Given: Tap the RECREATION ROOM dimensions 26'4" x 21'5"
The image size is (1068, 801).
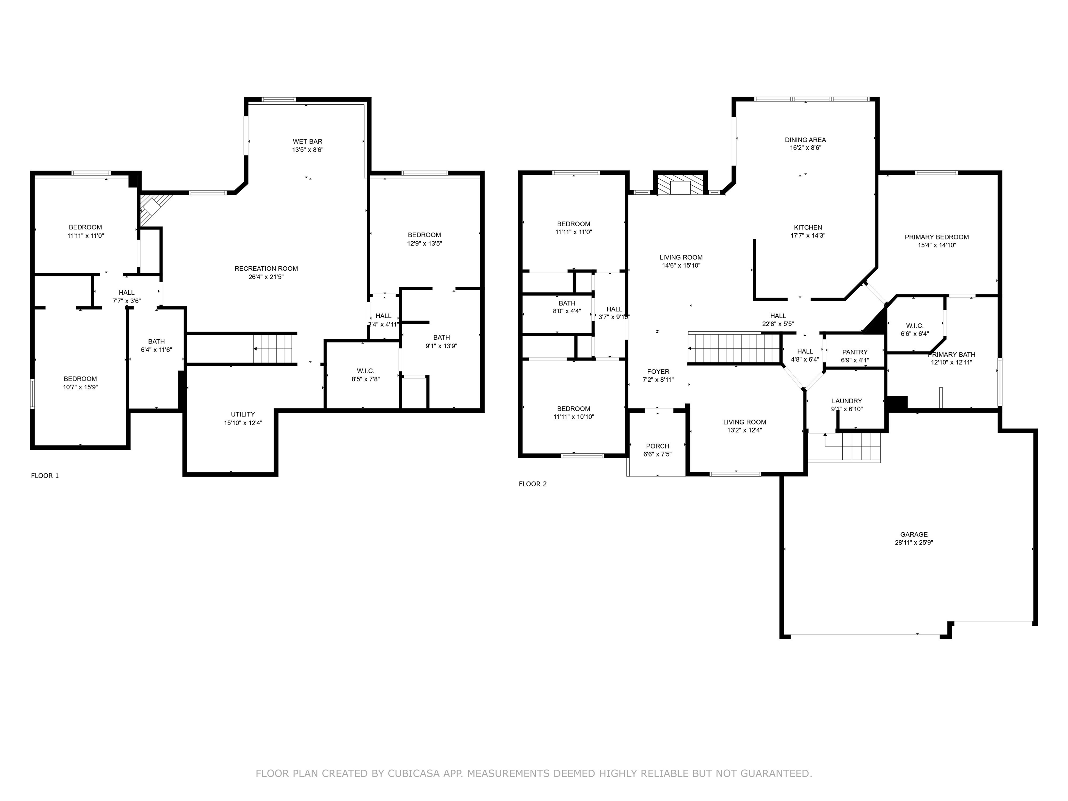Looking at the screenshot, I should point(266,277).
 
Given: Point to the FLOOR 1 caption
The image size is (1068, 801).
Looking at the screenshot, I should point(45,476).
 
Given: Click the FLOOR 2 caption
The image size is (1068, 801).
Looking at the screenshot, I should point(533,484).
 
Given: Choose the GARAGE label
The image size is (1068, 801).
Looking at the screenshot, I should point(914,534).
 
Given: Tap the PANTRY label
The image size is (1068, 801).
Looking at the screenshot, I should point(855,352).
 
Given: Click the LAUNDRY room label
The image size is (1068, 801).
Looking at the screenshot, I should point(847,401).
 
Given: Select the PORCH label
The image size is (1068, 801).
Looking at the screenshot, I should point(657,446).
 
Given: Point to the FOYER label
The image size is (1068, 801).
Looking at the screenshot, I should point(658,372).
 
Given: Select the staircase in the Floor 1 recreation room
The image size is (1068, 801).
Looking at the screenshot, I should point(273,348).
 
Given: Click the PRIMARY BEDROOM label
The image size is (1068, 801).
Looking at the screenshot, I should point(936,237).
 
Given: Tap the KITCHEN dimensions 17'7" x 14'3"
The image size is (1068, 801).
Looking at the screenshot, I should point(807,236).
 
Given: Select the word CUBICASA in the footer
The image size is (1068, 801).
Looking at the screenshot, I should point(413,774).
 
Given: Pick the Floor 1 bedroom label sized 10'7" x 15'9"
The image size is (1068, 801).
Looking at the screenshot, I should point(80,379).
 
